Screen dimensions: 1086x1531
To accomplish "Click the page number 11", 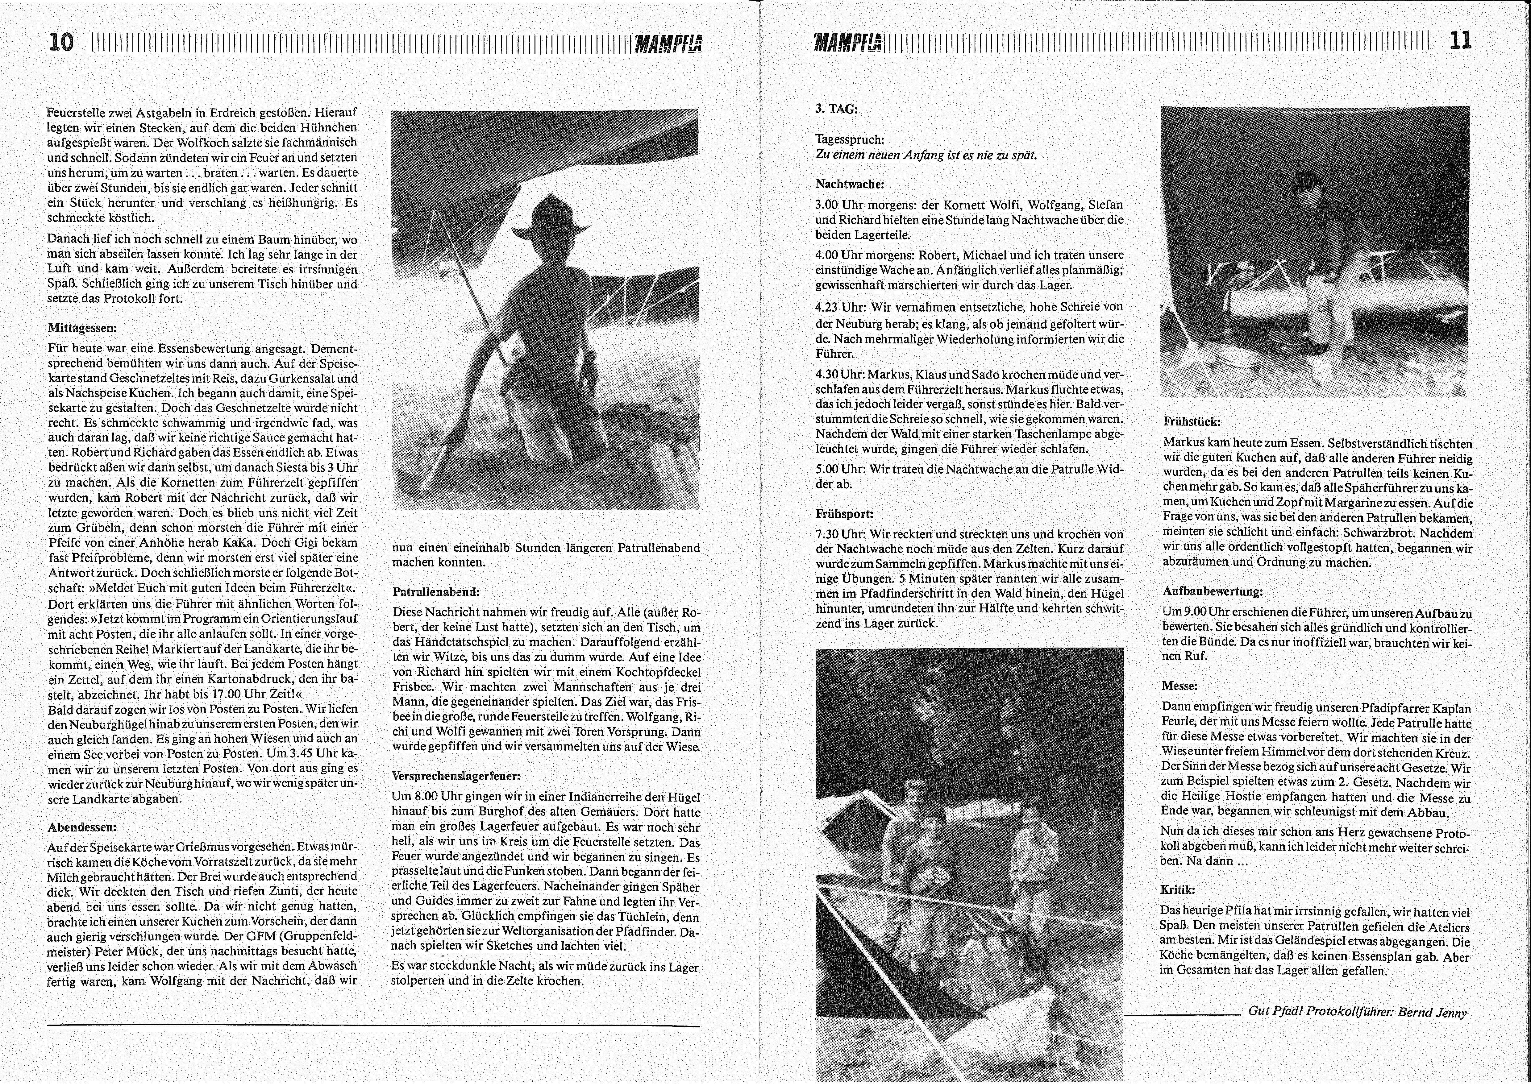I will pyautogui.click(x=1460, y=41).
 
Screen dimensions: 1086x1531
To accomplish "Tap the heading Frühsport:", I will pyautogui.click(x=844, y=514).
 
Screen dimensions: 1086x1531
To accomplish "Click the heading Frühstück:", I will pyautogui.click(x=1191, y=422).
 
